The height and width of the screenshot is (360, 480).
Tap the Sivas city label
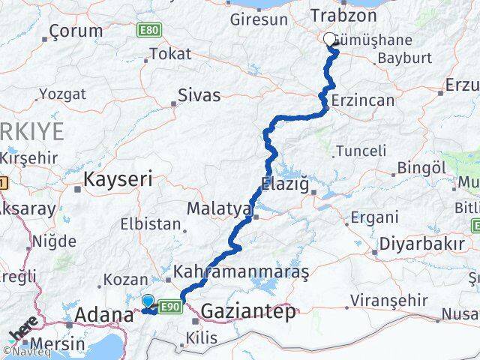(x=199, y=95)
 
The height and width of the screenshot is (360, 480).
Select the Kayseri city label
(x=118, y=179)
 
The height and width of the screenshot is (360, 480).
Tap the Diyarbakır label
(x=418, y=244)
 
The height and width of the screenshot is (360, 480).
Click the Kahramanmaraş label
(x=241, y=271)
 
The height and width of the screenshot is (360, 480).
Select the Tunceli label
(x=361, y=151)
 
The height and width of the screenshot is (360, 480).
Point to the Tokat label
(x=171, y=54)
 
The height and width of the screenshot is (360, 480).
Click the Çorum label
(x=75, y=31)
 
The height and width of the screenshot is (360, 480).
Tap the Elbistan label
(x=150, y=223)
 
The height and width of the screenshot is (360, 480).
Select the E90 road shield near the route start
(x=170, y=306)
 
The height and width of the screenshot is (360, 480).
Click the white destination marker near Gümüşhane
(x=329, y=40)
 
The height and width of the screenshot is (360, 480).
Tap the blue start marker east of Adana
(x=148, y=301)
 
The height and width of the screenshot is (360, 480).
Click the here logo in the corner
(x=23, y=329)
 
